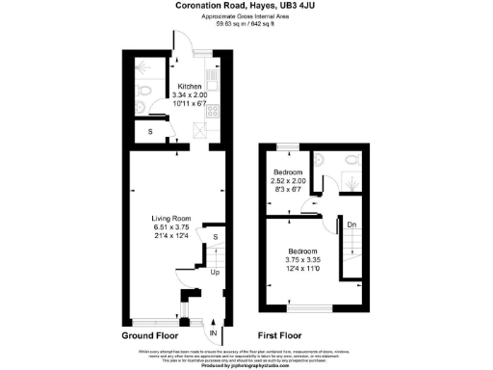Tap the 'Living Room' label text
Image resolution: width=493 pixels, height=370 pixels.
(174, 220)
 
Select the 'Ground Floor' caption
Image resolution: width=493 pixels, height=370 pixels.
(151, 335)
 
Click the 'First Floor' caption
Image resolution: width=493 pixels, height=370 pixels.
(282, 335)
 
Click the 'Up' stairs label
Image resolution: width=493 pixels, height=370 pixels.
(215, 273)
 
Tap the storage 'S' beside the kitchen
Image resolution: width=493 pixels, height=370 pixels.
(148, 132)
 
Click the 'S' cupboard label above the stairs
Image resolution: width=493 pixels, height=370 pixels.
(215, 236)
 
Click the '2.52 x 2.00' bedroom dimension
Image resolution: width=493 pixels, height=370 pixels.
(289, 181)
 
